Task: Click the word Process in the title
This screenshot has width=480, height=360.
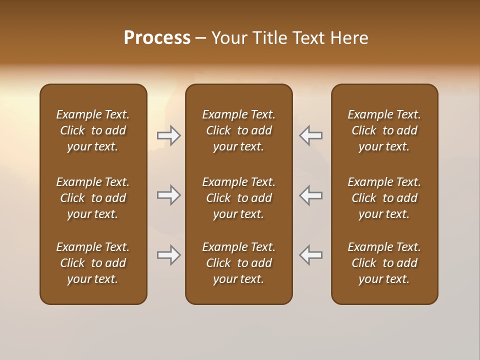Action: [x=157, y=38]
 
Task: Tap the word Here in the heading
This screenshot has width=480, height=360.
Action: [x=349, y=38]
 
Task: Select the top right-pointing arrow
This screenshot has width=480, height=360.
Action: [x=168, y=135]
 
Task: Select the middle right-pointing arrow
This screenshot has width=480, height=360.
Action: [x=168, y=195]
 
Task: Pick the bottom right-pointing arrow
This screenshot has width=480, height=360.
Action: [x=168, y=255]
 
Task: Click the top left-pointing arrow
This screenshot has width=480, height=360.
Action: [x=311, y=135]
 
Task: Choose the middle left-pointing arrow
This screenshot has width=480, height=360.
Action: [x=311, y=195]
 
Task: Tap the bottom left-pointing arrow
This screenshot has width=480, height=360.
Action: [x=311, y=255]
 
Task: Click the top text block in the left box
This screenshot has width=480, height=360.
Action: [x=93, y=130]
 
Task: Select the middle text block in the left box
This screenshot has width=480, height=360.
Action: [x=93, y=198]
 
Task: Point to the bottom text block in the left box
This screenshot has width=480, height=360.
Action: [x=93, y=263]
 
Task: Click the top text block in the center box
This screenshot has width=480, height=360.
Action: [x=239, y=130]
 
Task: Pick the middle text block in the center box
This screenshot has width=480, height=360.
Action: [x=239, y=198]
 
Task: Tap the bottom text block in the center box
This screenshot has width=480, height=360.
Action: [x=239, y=263]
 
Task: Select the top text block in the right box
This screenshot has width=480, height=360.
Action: [x=384, y=130]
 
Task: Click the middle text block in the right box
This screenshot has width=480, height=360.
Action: [x=384, y=198]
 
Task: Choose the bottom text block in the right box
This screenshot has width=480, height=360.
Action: [x=384, y=263]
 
